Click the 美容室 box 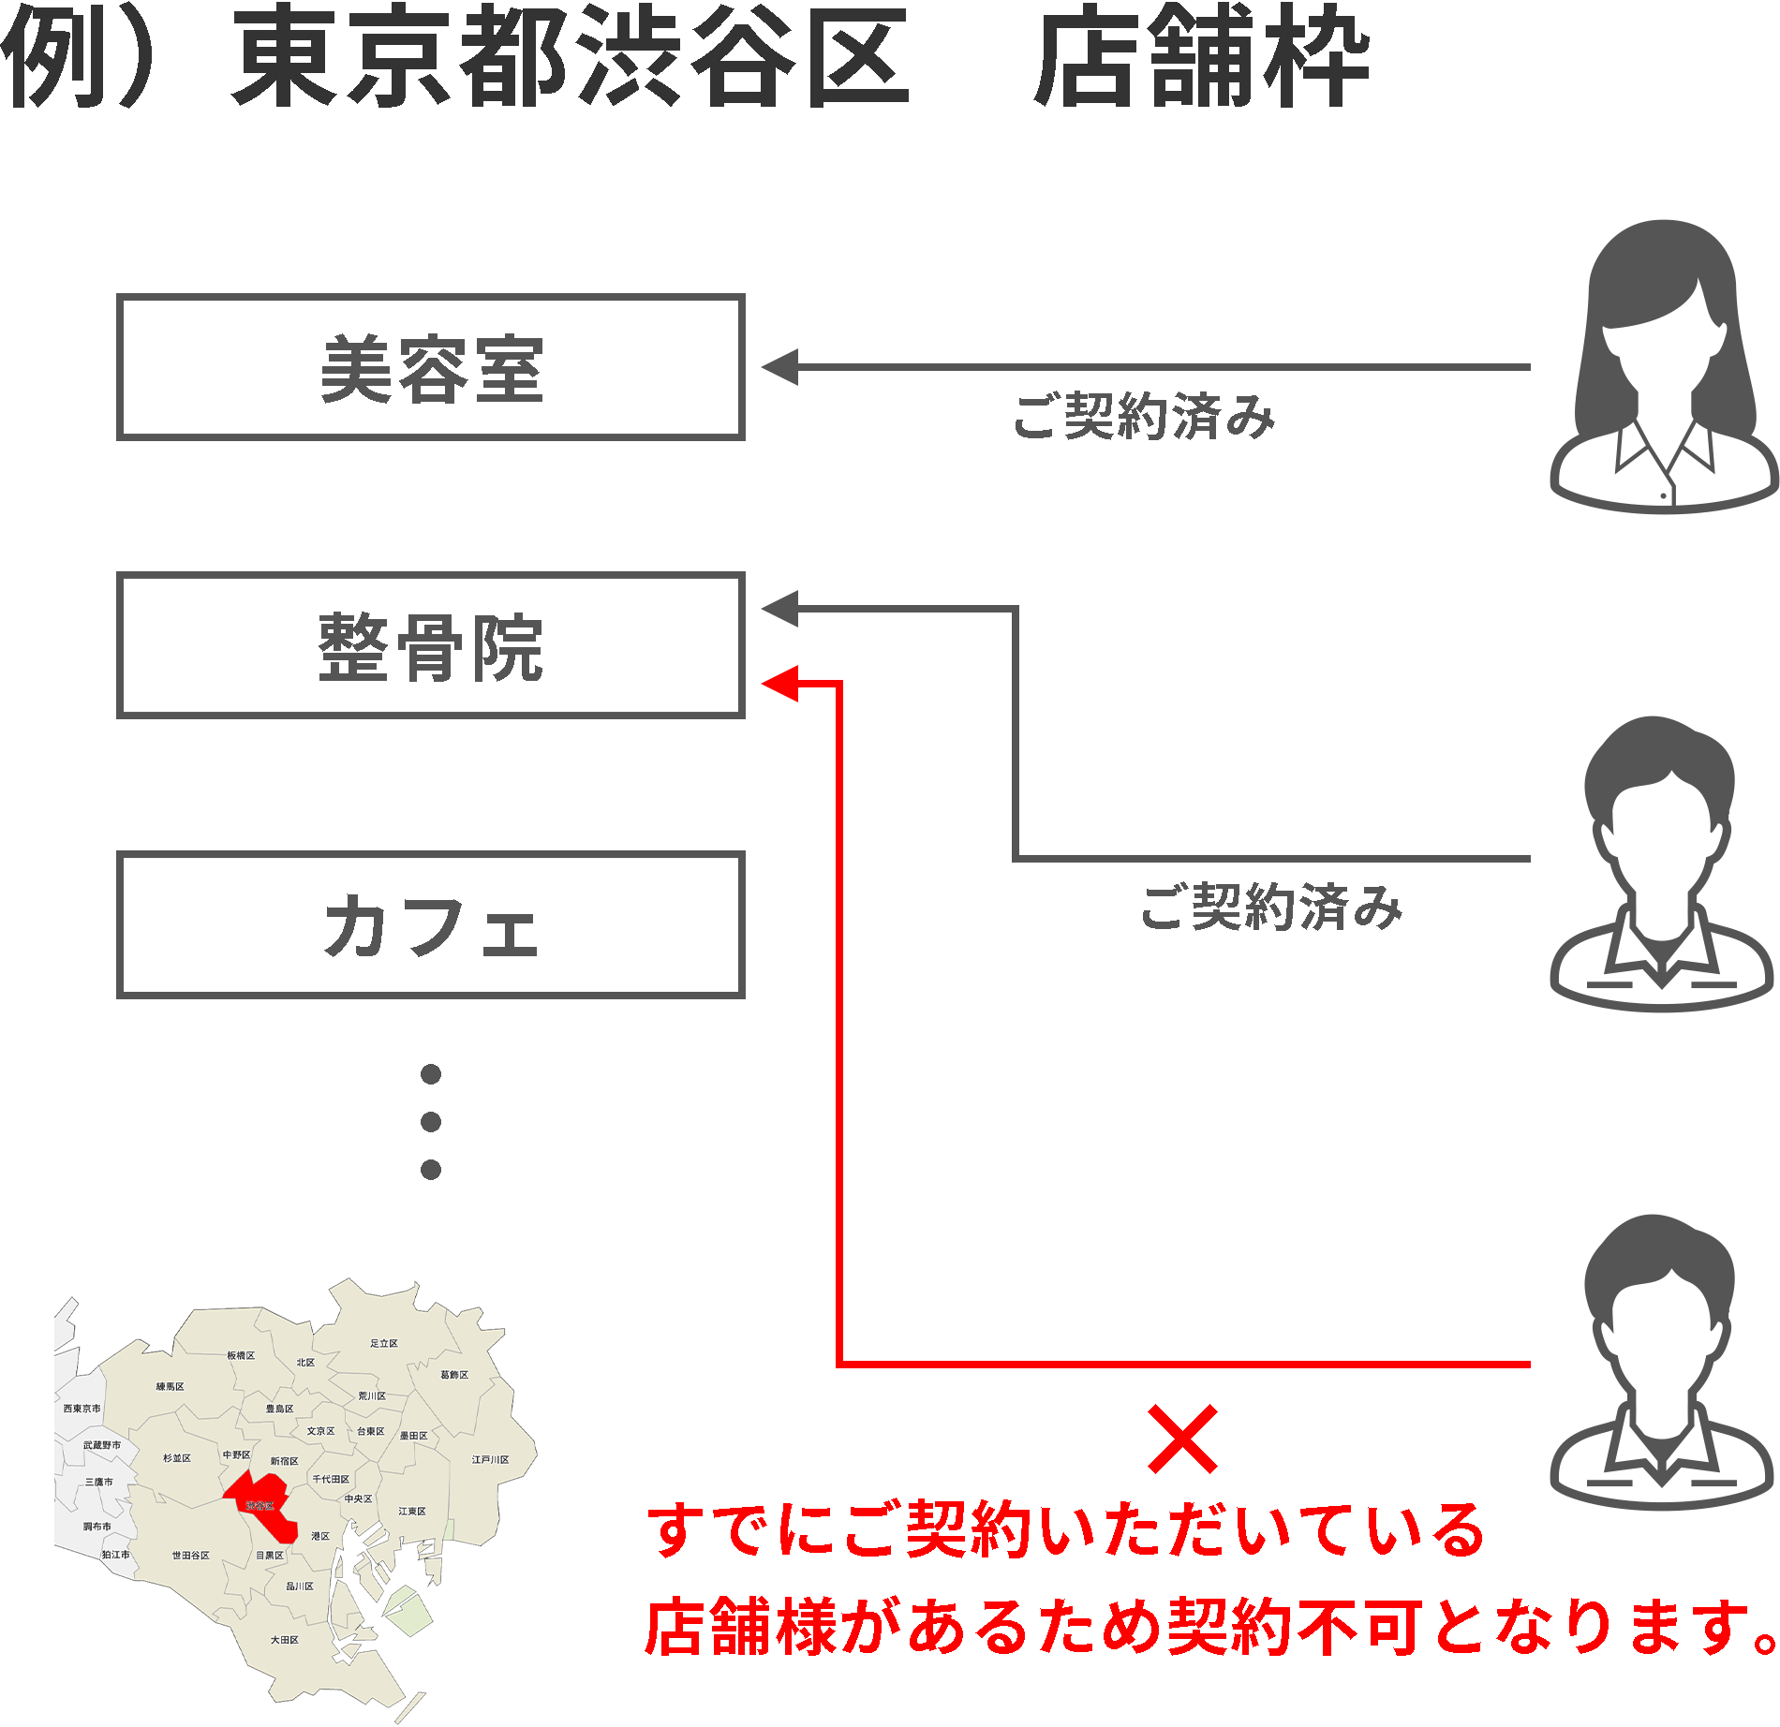[430, 367]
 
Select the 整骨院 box [430, 645]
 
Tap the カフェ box [430, 924]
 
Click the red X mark [1182, 1439]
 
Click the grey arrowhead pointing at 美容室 [780, 367]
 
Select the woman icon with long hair [1664, 365]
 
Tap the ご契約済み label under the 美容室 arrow [1144, 416]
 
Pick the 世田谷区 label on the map [190, 1556]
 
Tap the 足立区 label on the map [384, 1344]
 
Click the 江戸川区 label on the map [490, 1460]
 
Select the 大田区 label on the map [285, 1640]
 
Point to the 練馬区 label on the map [171, 1387]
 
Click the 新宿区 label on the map [284, 1461]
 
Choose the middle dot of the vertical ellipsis [431, 1121]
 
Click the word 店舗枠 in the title [1202, 58]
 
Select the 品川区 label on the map [300, 1587]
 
